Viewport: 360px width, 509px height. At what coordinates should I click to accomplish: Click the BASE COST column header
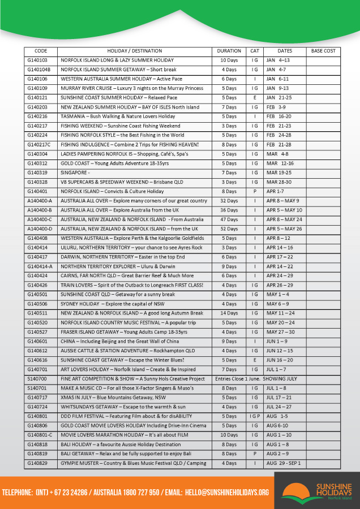pos(323,51)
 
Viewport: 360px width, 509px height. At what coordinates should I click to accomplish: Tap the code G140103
pos(37,60)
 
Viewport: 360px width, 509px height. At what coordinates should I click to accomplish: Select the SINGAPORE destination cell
pos(74,172)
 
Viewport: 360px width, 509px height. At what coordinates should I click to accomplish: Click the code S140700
pos(37,378)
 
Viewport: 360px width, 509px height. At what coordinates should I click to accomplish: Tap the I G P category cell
pos(255,416)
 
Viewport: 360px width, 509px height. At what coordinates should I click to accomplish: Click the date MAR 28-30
pos(278,182)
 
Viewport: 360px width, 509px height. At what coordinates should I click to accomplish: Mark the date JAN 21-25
pos(277,97)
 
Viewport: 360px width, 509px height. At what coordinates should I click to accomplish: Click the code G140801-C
pos(40,435)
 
